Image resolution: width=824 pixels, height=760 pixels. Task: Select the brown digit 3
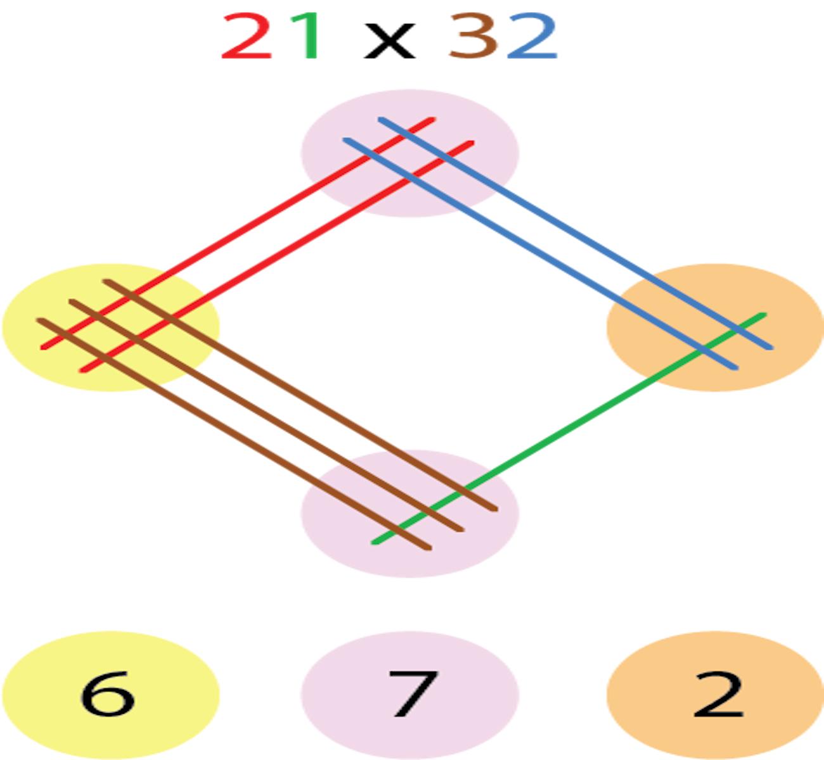473,38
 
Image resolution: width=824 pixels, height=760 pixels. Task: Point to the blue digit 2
532,38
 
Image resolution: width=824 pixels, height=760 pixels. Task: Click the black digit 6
108,693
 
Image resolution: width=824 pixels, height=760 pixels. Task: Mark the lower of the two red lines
285,253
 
